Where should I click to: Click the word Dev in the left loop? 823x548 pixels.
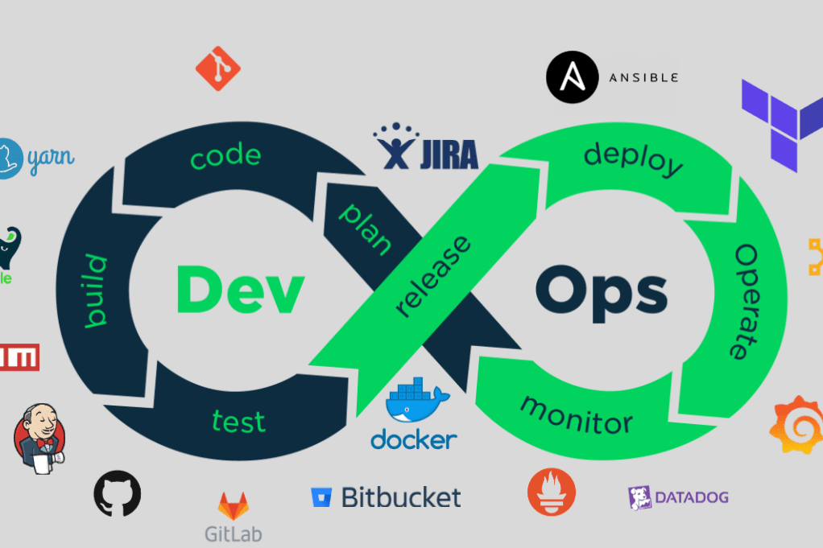pos(240,290)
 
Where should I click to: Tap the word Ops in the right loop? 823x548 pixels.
pos(601,290)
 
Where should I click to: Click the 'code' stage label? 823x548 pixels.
pos(225,156)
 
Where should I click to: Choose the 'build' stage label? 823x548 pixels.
pos(96,290)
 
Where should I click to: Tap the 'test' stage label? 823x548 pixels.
pos(238,419)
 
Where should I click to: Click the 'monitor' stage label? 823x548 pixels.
pos(576,413)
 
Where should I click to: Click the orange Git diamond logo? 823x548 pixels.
pos(218,68)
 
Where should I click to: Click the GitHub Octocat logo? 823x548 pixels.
pos(118,493)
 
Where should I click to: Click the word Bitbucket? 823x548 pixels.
pos(400,496)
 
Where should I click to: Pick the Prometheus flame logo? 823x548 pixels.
pos(552,492)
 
